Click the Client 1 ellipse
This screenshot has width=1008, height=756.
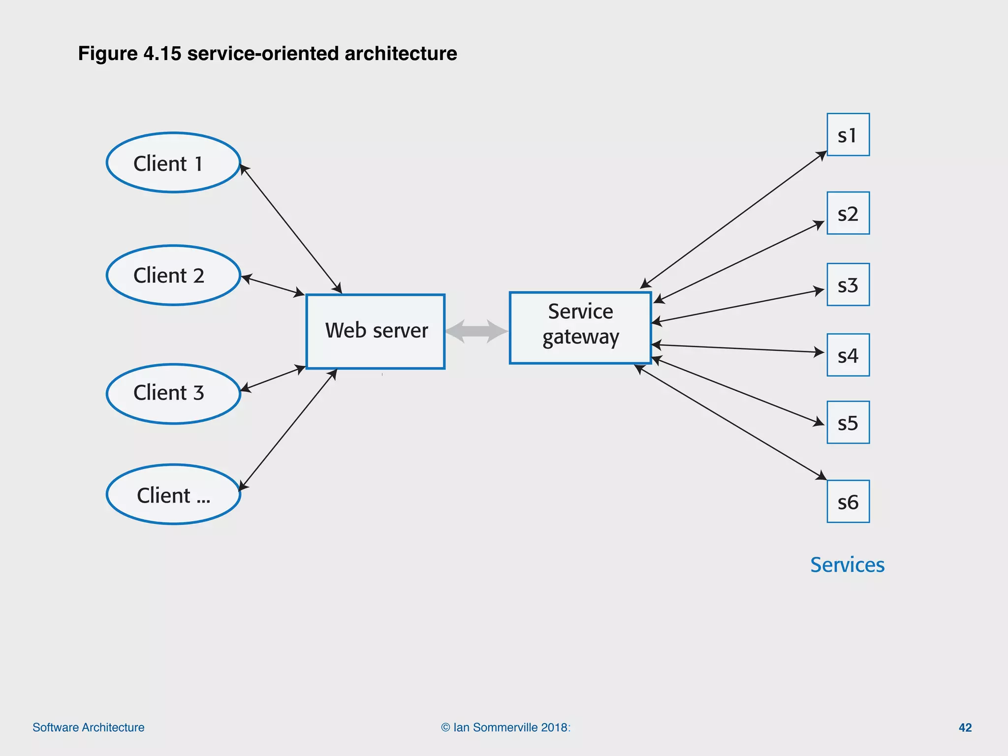pos(173,162)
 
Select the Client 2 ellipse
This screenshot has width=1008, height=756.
pos(173,275)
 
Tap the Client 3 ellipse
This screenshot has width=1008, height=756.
pos(173,393)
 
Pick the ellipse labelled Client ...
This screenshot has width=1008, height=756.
pos(173,494)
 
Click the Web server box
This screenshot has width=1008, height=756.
pos(376,331)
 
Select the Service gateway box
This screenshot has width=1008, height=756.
pos(580,328)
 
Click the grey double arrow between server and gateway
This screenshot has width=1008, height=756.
pos(476,331)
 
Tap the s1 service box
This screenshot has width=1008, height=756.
pos(848,135)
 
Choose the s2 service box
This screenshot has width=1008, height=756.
pos(848,213)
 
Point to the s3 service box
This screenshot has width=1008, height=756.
pos(848,284)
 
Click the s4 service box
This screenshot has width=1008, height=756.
pos(848,355)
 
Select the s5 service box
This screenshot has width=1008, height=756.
pos(848,422)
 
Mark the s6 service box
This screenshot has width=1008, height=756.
pos(848,501)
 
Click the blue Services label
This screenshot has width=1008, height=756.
pos(847,565)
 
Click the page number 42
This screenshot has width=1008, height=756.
pos(965,727)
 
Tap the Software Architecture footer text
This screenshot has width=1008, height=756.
pos(89,727)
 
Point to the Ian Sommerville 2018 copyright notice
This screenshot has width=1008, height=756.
pos(505,727)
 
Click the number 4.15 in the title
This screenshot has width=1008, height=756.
pos(162,54)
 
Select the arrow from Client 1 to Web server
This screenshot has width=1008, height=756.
pos(290,229)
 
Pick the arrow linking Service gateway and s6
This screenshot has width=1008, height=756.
pos(731,422)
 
